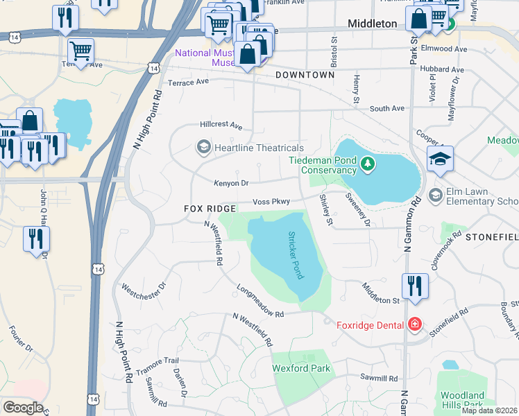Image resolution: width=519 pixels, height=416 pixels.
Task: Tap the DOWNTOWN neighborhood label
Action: click(305, 74)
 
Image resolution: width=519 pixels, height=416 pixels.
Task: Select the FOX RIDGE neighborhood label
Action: click(211, 209)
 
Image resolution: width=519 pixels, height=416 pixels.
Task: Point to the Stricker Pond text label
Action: click(294, 254)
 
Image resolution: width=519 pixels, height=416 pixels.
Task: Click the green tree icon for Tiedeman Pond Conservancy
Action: click(368, 165)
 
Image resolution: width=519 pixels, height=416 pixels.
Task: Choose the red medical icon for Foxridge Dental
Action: click(415, 324)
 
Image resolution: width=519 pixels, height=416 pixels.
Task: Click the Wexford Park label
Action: click(301, 368)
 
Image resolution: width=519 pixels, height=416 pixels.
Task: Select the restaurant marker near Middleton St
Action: click(414, 286)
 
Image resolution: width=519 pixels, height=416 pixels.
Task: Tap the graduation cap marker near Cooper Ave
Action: click(440, 159)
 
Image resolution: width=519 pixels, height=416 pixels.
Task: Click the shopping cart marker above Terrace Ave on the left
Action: click(80, 51)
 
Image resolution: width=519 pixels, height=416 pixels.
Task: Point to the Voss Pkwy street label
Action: click(271, 202)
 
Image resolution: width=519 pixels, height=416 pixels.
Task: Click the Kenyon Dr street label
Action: click(232, 183)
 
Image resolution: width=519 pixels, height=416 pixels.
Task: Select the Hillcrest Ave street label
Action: click(221, 126)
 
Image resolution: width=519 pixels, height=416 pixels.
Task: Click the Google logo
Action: click(23, 407)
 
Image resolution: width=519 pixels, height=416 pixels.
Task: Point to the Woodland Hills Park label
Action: click(462, 399)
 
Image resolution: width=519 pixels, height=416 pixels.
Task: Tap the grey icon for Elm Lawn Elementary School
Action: click(436, 193)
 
